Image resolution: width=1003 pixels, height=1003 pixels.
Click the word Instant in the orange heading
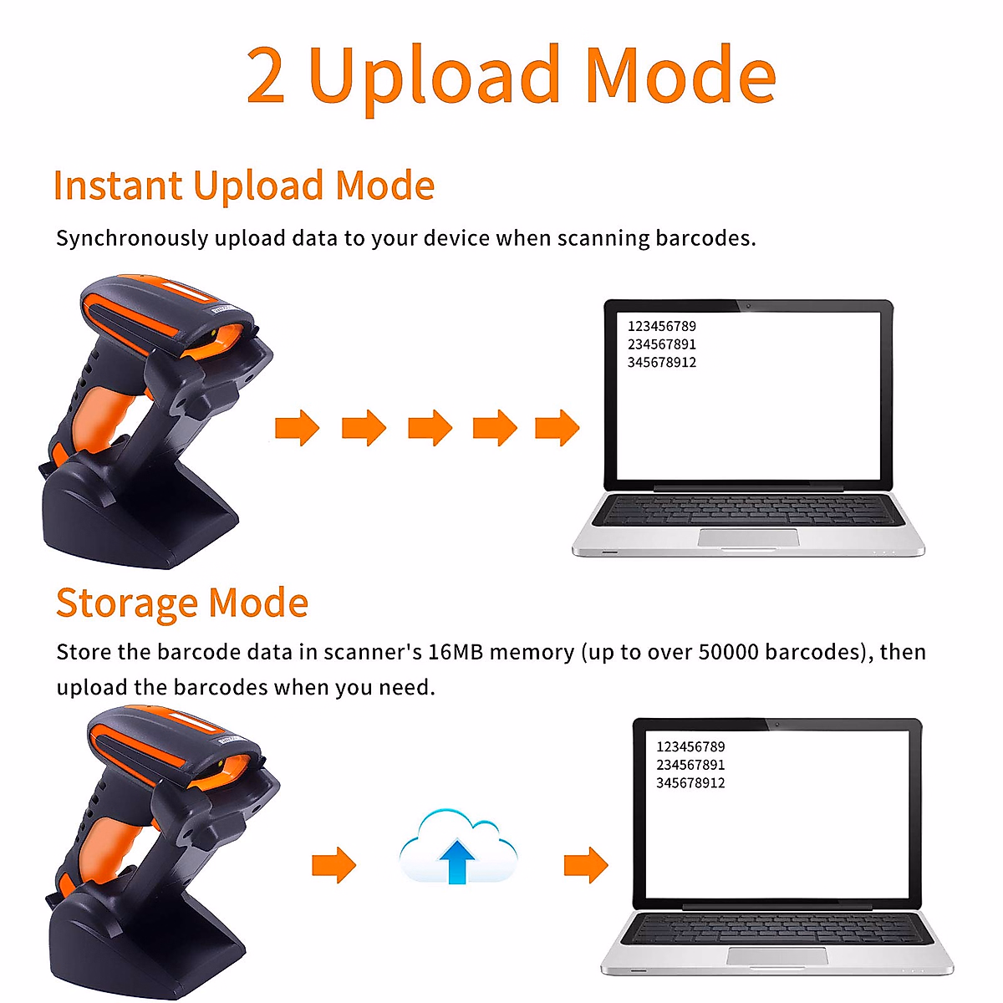click(117, 186)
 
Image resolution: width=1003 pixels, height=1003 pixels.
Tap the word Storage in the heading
click(126, 603)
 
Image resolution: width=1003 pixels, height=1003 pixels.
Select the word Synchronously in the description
click(131, 239)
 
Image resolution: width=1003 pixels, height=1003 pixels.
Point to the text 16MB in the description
click(455, 652)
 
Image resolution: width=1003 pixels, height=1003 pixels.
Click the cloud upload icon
click(458, 846)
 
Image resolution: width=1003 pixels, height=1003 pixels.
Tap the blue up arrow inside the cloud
click(457, 861)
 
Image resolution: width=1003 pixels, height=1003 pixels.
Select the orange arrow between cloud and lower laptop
click(586, 864)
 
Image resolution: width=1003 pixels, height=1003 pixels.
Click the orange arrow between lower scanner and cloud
click(333, 864)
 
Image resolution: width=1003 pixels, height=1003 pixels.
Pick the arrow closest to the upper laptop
click(558, 428)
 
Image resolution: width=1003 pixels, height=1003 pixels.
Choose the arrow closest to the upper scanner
click(298, 428)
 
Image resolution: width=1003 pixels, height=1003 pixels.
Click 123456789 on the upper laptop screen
click(661, 326)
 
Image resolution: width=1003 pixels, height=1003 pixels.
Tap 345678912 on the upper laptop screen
click(661, 363)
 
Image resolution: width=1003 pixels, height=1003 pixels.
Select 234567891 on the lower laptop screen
click(690, 765)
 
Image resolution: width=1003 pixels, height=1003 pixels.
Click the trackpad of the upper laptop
click(748, 537)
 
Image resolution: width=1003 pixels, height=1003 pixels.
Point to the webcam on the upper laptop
click(748, 306)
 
